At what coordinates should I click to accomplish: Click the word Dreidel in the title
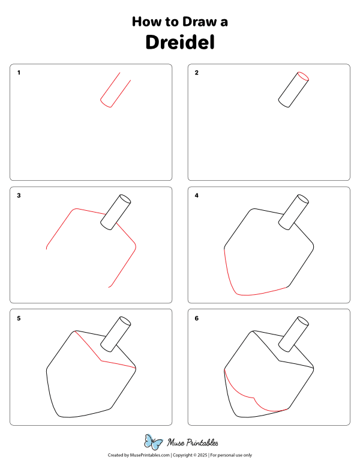180,43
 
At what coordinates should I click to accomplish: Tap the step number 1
19,73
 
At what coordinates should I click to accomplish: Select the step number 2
197,73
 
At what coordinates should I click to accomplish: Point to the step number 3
19,196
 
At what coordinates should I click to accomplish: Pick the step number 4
197,196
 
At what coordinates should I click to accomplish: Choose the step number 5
19,319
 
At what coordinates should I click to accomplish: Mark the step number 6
197,319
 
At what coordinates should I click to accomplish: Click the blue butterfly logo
154,443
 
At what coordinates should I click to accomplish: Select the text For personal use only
230,456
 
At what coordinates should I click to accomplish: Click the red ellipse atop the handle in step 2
303,76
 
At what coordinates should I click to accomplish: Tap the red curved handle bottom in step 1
105,105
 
